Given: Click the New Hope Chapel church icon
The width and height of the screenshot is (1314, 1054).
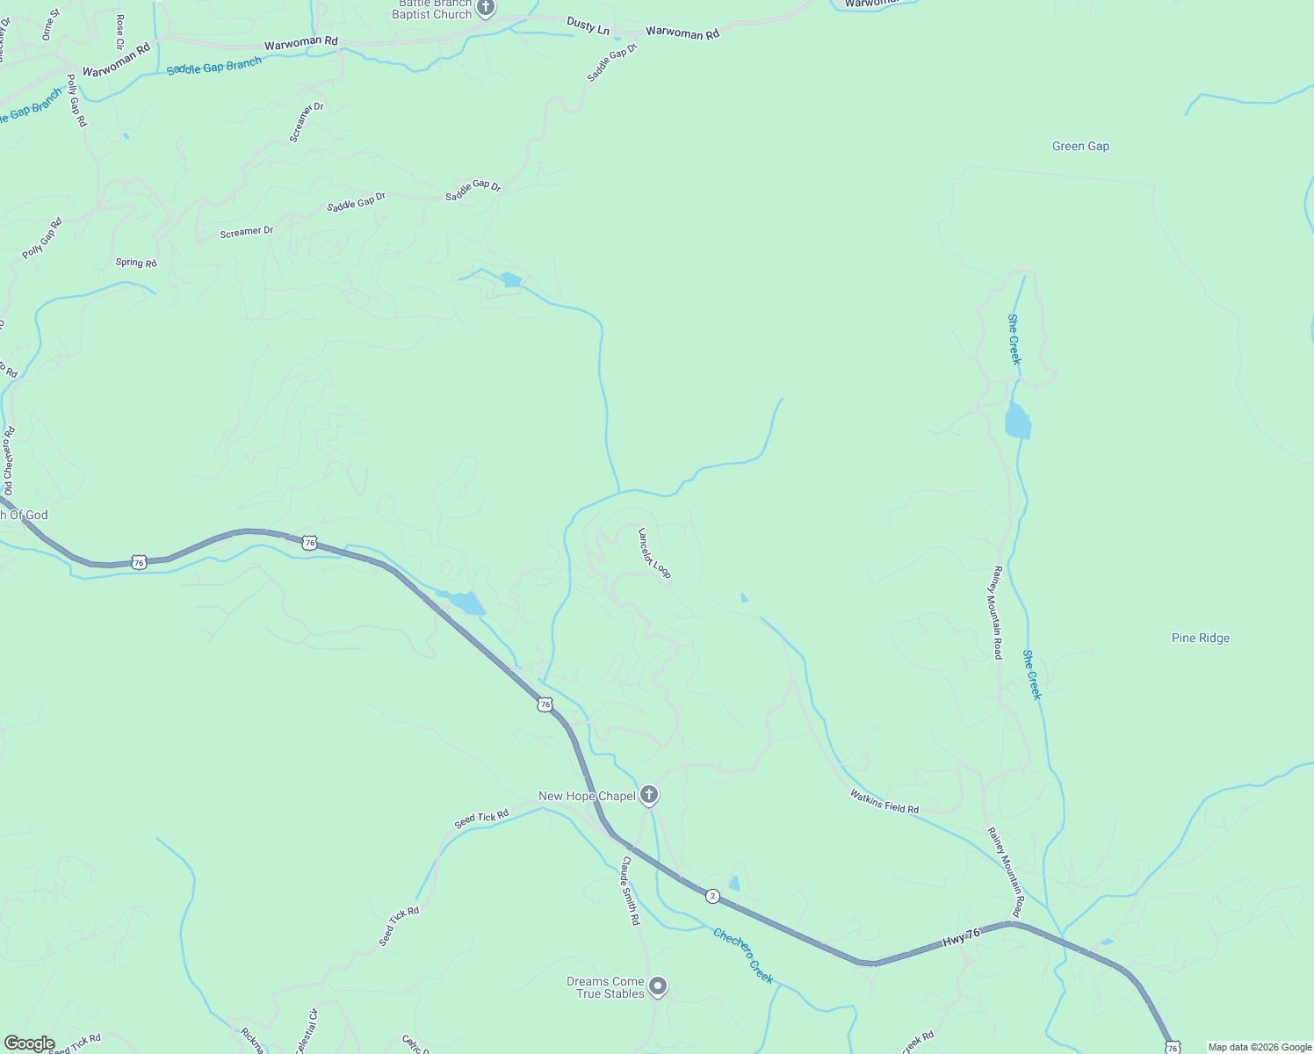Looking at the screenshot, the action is pos(649,796).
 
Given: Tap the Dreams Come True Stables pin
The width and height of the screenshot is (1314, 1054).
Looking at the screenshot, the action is pos(658,986).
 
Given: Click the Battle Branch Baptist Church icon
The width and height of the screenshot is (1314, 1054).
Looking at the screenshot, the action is pos(486,8).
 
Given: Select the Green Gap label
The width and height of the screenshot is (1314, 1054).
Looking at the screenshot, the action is pos(1080,147).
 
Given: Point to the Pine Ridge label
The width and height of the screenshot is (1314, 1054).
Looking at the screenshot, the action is pos(1200,638).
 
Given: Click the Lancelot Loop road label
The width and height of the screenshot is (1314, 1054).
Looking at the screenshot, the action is pos(654,553).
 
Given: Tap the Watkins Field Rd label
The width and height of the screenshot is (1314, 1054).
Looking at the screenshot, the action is pos(884,801).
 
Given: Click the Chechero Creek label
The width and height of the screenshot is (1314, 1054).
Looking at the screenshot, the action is pos(743,956).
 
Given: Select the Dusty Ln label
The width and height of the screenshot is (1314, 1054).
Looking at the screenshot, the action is pos(588,25).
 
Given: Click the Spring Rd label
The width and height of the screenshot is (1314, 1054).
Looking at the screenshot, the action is pos(136,263).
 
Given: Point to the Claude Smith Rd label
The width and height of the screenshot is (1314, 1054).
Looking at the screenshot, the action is pos(631,891).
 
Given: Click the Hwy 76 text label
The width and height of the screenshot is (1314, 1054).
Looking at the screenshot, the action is pos(961,938).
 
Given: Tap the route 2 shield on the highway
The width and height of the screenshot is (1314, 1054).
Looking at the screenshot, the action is pos(712,896).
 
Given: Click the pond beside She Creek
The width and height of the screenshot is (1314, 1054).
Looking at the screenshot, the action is pos(1017,422).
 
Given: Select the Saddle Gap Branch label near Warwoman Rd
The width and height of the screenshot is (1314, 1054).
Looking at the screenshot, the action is pos(214,66).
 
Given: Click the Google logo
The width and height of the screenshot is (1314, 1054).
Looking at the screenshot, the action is pos(29,1043).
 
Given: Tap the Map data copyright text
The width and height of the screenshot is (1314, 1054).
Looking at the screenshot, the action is pos(1260,1047).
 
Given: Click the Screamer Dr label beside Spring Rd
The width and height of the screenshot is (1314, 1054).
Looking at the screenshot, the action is pos(246,232).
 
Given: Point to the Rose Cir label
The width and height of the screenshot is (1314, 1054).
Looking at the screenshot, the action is pos(120,31).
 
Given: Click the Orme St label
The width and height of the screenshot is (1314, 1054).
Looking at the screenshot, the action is pos(51,25).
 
